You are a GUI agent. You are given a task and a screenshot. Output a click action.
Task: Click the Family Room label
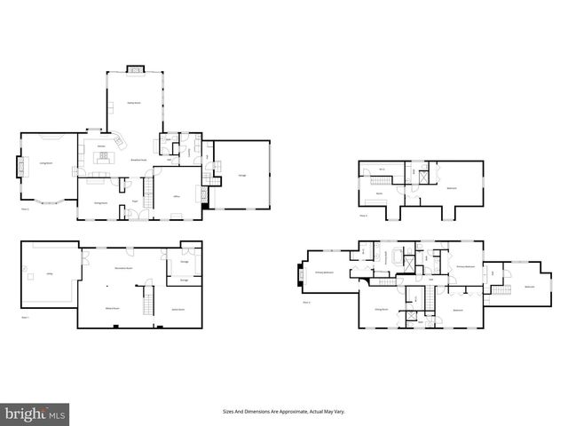pyautogui.click(x=135, y=103)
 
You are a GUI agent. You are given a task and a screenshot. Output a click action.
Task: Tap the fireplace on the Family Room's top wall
pyautogui.click(x=135, y=68)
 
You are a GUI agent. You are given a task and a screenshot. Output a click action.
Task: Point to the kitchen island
pyautogui.click(x=105, y=158)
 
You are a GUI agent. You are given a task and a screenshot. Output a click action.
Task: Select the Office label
pyautogui.click(x=177, y=195)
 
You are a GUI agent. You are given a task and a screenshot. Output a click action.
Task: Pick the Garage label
pyautogui.click(x=241, y=175)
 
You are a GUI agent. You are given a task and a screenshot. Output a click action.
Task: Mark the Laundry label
pyautogui.click(x=188, y=151)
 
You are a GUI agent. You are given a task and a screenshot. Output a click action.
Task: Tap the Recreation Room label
pyautogui.click(x=122, y=267)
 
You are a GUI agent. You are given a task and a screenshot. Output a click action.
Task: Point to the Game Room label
pyautogui.click(x=177, y=308)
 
